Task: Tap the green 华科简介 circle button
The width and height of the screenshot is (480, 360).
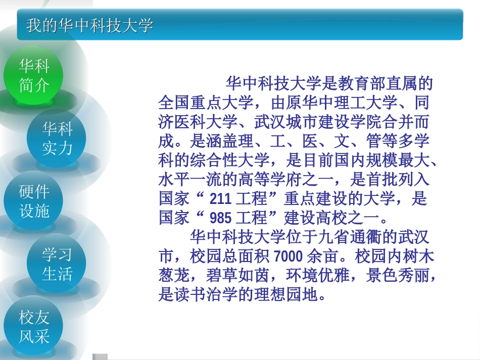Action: (34, 75)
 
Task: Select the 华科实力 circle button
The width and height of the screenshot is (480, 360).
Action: (57, 138)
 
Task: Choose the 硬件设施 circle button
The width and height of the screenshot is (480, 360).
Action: (34, 201)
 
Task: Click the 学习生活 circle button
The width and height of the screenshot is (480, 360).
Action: (57, 264)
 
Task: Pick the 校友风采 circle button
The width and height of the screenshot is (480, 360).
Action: (34, 327)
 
